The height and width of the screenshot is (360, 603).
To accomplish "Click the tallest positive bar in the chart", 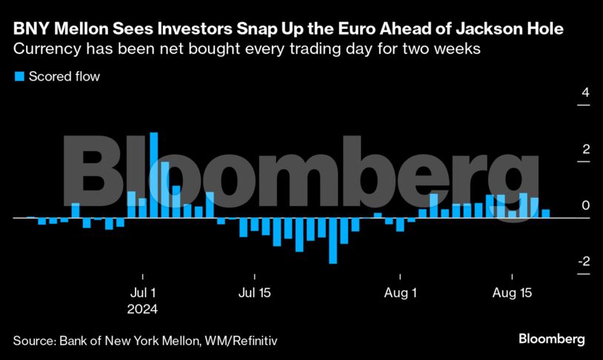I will click(153, 175).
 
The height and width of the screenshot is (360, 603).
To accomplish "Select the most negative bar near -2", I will click(333, 241).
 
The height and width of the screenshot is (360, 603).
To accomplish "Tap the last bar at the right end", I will click(546, 213).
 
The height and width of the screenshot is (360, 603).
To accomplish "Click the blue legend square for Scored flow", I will click(19, 76).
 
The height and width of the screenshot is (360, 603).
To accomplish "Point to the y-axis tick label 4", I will click(585, 94).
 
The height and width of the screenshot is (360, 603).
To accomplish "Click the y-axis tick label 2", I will click(585, 150).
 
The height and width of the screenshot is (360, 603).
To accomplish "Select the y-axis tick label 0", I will click(585, 205).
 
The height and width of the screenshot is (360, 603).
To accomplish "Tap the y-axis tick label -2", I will click(584, 261).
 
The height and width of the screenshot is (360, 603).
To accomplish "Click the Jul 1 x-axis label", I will click(142, 293).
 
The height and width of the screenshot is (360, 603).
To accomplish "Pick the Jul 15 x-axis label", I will click(254, 293).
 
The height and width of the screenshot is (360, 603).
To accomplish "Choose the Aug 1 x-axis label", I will click(400, 293).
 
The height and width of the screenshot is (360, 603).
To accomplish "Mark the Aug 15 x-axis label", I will click(512, 293).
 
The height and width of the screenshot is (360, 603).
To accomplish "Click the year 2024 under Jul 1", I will click(144, 308).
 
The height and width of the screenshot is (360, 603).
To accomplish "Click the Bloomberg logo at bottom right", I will click(551, 339).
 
